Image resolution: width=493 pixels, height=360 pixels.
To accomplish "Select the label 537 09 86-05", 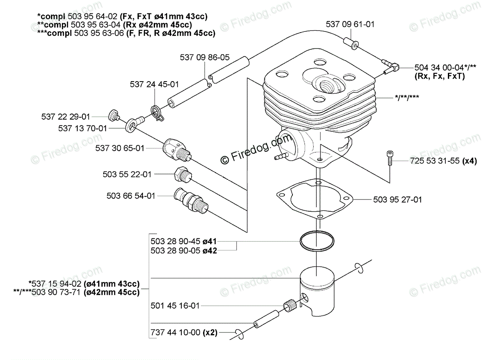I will tap(205, 58).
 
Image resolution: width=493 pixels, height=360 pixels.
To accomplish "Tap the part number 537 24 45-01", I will tap(154, 84).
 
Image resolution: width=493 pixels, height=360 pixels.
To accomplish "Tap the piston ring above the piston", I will tap(318, 243).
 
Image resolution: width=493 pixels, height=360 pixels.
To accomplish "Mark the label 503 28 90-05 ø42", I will tap(184, 250).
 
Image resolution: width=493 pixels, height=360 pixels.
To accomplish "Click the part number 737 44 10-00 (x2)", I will tap(183, 333).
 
